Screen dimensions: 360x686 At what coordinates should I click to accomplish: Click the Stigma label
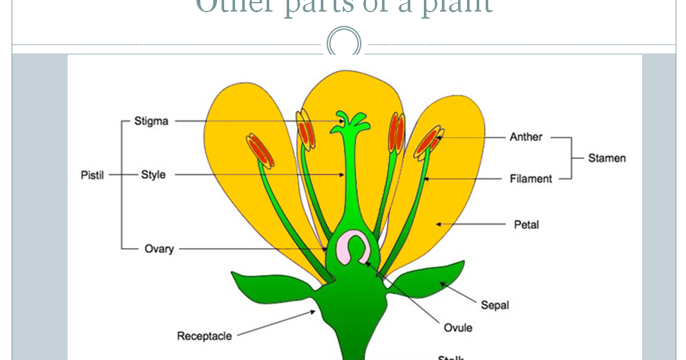pyautogui.click(x=151, y=121)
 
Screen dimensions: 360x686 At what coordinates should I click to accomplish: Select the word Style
pyautogui.click(x=153, y=175)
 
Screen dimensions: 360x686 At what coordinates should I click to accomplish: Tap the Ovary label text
pyautogui.click(x=159, y=249)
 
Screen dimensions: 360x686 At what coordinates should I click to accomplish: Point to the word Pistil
pyautogui.click(x=92, y=175)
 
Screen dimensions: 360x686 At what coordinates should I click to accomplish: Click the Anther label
pyautogui.click(x=526, y=137)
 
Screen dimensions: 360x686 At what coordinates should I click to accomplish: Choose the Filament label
pyautogui.click(x=531, y=178)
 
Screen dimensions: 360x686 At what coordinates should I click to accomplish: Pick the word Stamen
pyautogui.click(x=607, y=158)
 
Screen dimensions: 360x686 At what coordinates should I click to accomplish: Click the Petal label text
pyautogui.click(x=526, y=225)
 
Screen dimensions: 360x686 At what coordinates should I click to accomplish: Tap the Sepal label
pyautogui.click(x=495, y=305)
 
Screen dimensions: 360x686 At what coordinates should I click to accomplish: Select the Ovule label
pyautogui.click(x=458, y=328)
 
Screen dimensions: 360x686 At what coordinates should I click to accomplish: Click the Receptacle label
pyautogui.click(x=204, y=336)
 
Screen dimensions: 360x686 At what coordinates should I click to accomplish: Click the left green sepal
pyautogui.click(x=271, y=289)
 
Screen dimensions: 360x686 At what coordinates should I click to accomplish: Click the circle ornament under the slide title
pyautogui.click(x=343, y=43)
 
